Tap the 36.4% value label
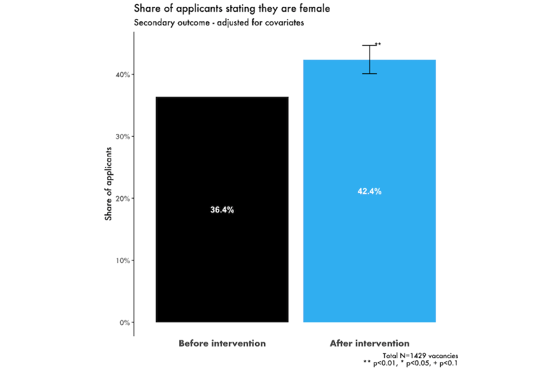coord(222,210)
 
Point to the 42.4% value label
coord(369,191)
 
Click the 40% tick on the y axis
coord(125,74)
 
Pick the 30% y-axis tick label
coord(125,137)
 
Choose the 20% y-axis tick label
coord(125,198)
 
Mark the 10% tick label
coord(125,260)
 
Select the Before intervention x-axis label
coord(222,343)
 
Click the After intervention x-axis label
coord(369,343)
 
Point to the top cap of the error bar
coord(369,46)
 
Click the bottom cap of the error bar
coord(369,74)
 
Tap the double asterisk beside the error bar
coord(378,44)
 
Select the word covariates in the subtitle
coord(283,23)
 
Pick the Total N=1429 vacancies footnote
coord(420,356)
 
